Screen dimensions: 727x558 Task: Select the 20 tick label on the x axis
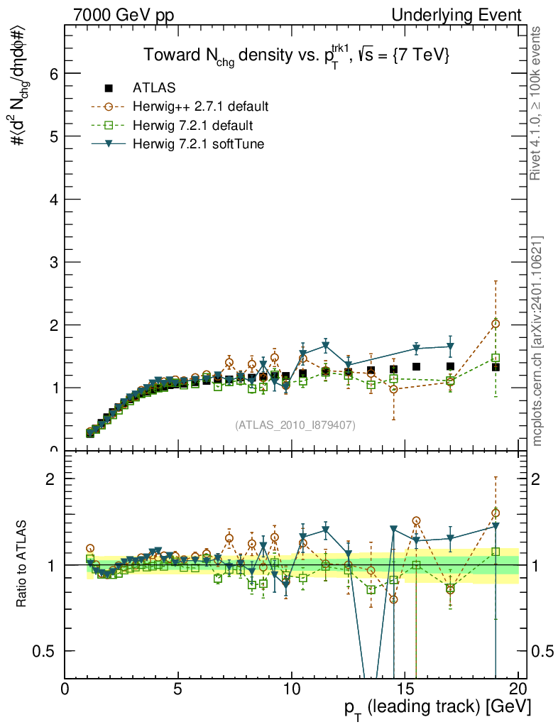coord(518,689)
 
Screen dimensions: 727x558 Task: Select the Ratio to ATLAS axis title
coord(21,565)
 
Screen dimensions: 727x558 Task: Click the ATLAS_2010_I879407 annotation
coord(295,425)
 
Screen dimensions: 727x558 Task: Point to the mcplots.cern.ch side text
coord(538,341)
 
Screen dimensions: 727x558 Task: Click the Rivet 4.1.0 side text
coord(538,103)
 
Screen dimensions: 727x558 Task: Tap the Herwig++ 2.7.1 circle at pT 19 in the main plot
coord(496,324)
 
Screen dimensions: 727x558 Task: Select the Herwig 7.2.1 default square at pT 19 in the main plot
coord(496,358)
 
